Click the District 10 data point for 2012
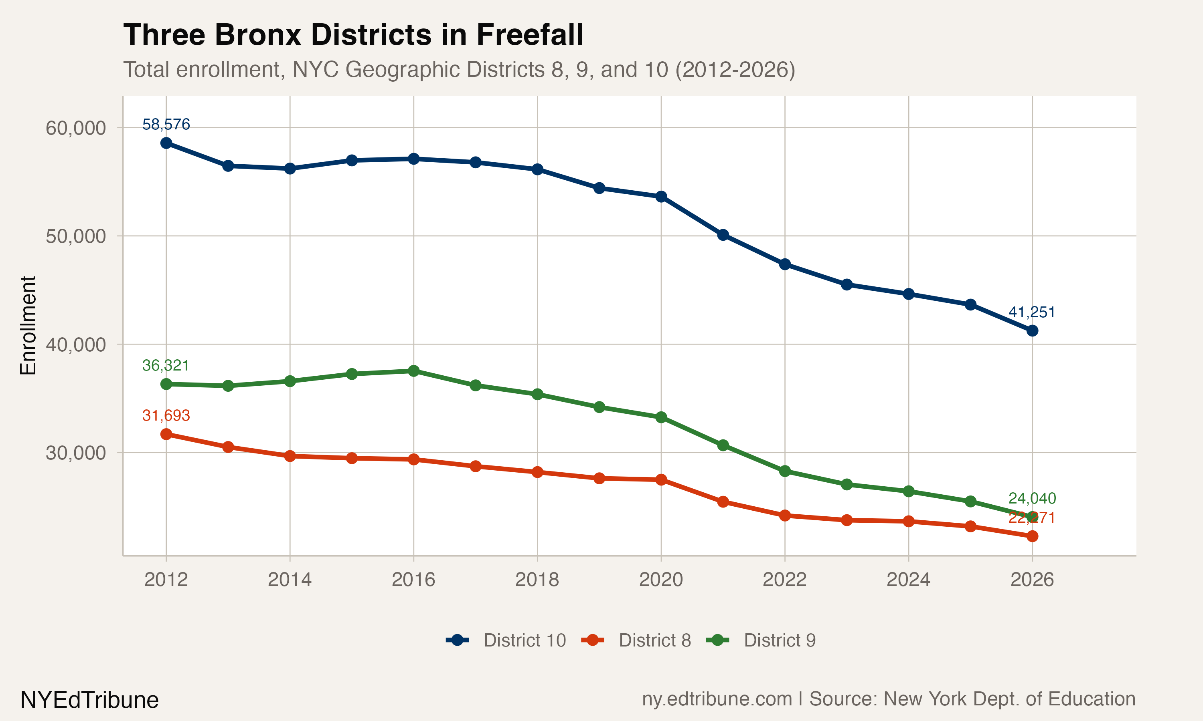click(166, 143)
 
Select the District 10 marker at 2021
click(723, 235)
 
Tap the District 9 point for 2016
click(414, 371)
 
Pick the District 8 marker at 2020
click(661, 479)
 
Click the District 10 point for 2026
click(1032, 331)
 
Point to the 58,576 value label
click(166, 125)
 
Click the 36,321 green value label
click(166, 365)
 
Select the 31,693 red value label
click(166, 415)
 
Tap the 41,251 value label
click(1032, 312)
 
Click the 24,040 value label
click(1032, 498)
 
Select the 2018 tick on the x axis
click(537, 580)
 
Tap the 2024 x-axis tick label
click(908, 580)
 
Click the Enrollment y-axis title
click(28, 326)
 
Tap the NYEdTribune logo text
click(89, 700)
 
